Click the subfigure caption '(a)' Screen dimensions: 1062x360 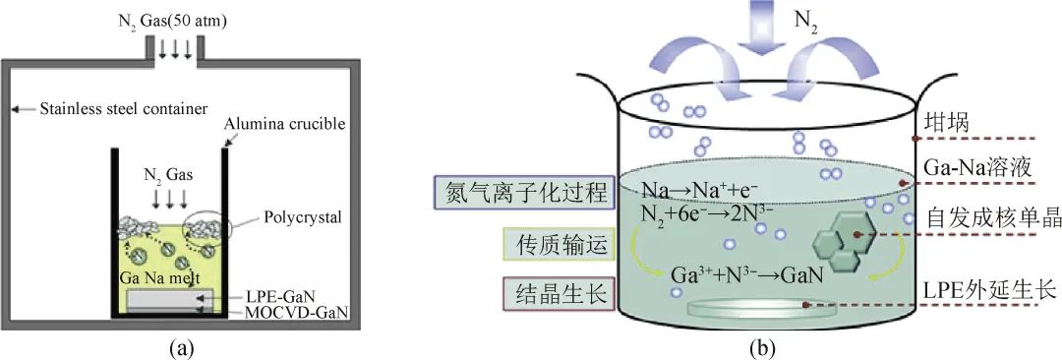tap(172, 345)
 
